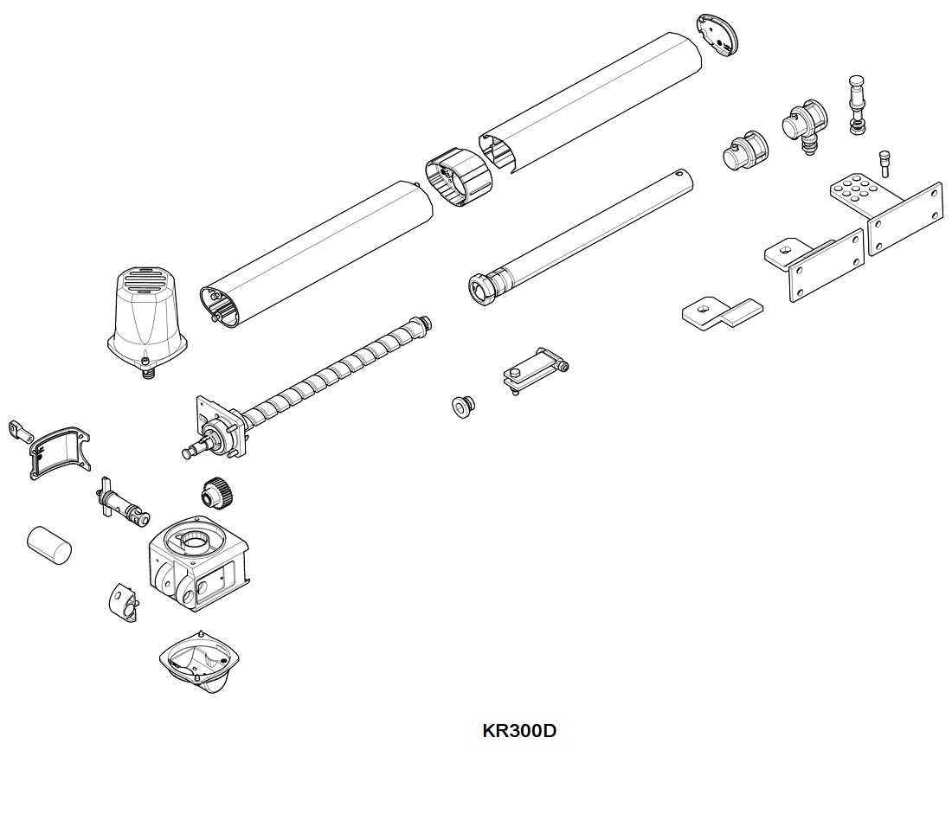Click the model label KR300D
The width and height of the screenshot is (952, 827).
(x=518, y=731)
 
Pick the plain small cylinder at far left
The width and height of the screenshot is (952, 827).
(x=48, y=543)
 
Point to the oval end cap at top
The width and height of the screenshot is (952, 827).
(x=720, y=35)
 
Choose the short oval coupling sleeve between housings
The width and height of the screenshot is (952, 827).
(x=458, y=176)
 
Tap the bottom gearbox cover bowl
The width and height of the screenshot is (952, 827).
(x=200, y=662)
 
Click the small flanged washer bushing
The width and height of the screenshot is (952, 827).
(x=463, y=404)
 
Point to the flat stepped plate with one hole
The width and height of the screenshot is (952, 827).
(x=722, y=311)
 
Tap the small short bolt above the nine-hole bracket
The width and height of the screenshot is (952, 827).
(x=884, y=163)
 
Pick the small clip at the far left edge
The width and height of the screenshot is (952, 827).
(x=18, y=429)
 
